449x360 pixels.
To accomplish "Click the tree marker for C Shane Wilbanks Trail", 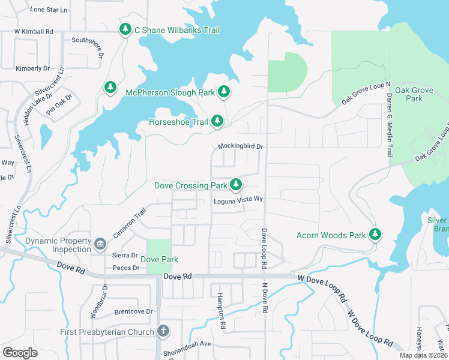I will tap(125, 29).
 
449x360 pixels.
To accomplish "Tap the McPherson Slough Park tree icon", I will tap(224, 92).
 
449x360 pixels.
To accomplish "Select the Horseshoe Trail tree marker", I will tap(217, 122).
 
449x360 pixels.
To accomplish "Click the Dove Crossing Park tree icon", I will tap(237, 185).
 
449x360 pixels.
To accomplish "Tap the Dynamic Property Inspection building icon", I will tap(100, 243).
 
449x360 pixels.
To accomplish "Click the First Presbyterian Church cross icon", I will tap(163, 331).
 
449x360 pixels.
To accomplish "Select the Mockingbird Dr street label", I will tap(241, 146).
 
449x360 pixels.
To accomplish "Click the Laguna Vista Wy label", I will tap(239, 200).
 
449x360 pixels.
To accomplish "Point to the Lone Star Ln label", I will tap(49, 10).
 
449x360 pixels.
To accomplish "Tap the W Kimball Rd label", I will tap(34, 31).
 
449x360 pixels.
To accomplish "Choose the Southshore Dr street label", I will tap(88, 41).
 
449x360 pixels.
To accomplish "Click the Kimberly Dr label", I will tap(32, 68).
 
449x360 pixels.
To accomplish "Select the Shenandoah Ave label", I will tap(188, 344).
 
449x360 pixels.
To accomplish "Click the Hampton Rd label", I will tap(221, 310).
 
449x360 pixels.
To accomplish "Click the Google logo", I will tap(20, 353).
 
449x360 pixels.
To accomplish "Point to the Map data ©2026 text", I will tap(423, 355).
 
